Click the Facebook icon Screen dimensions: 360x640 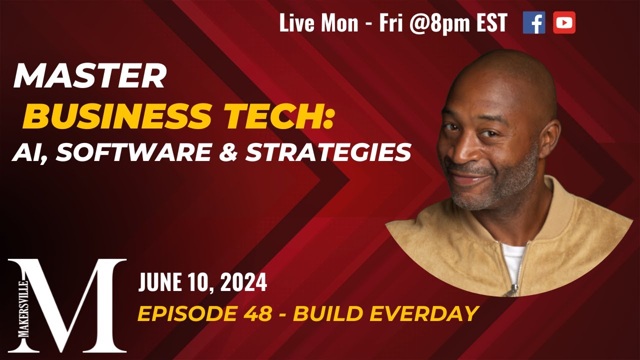pos(533,23)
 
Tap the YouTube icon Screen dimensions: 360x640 pos(564,23)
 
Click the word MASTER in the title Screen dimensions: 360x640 pos(89,77)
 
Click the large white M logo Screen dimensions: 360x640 pos(75,305)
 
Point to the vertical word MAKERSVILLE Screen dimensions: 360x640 pos(22,305)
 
